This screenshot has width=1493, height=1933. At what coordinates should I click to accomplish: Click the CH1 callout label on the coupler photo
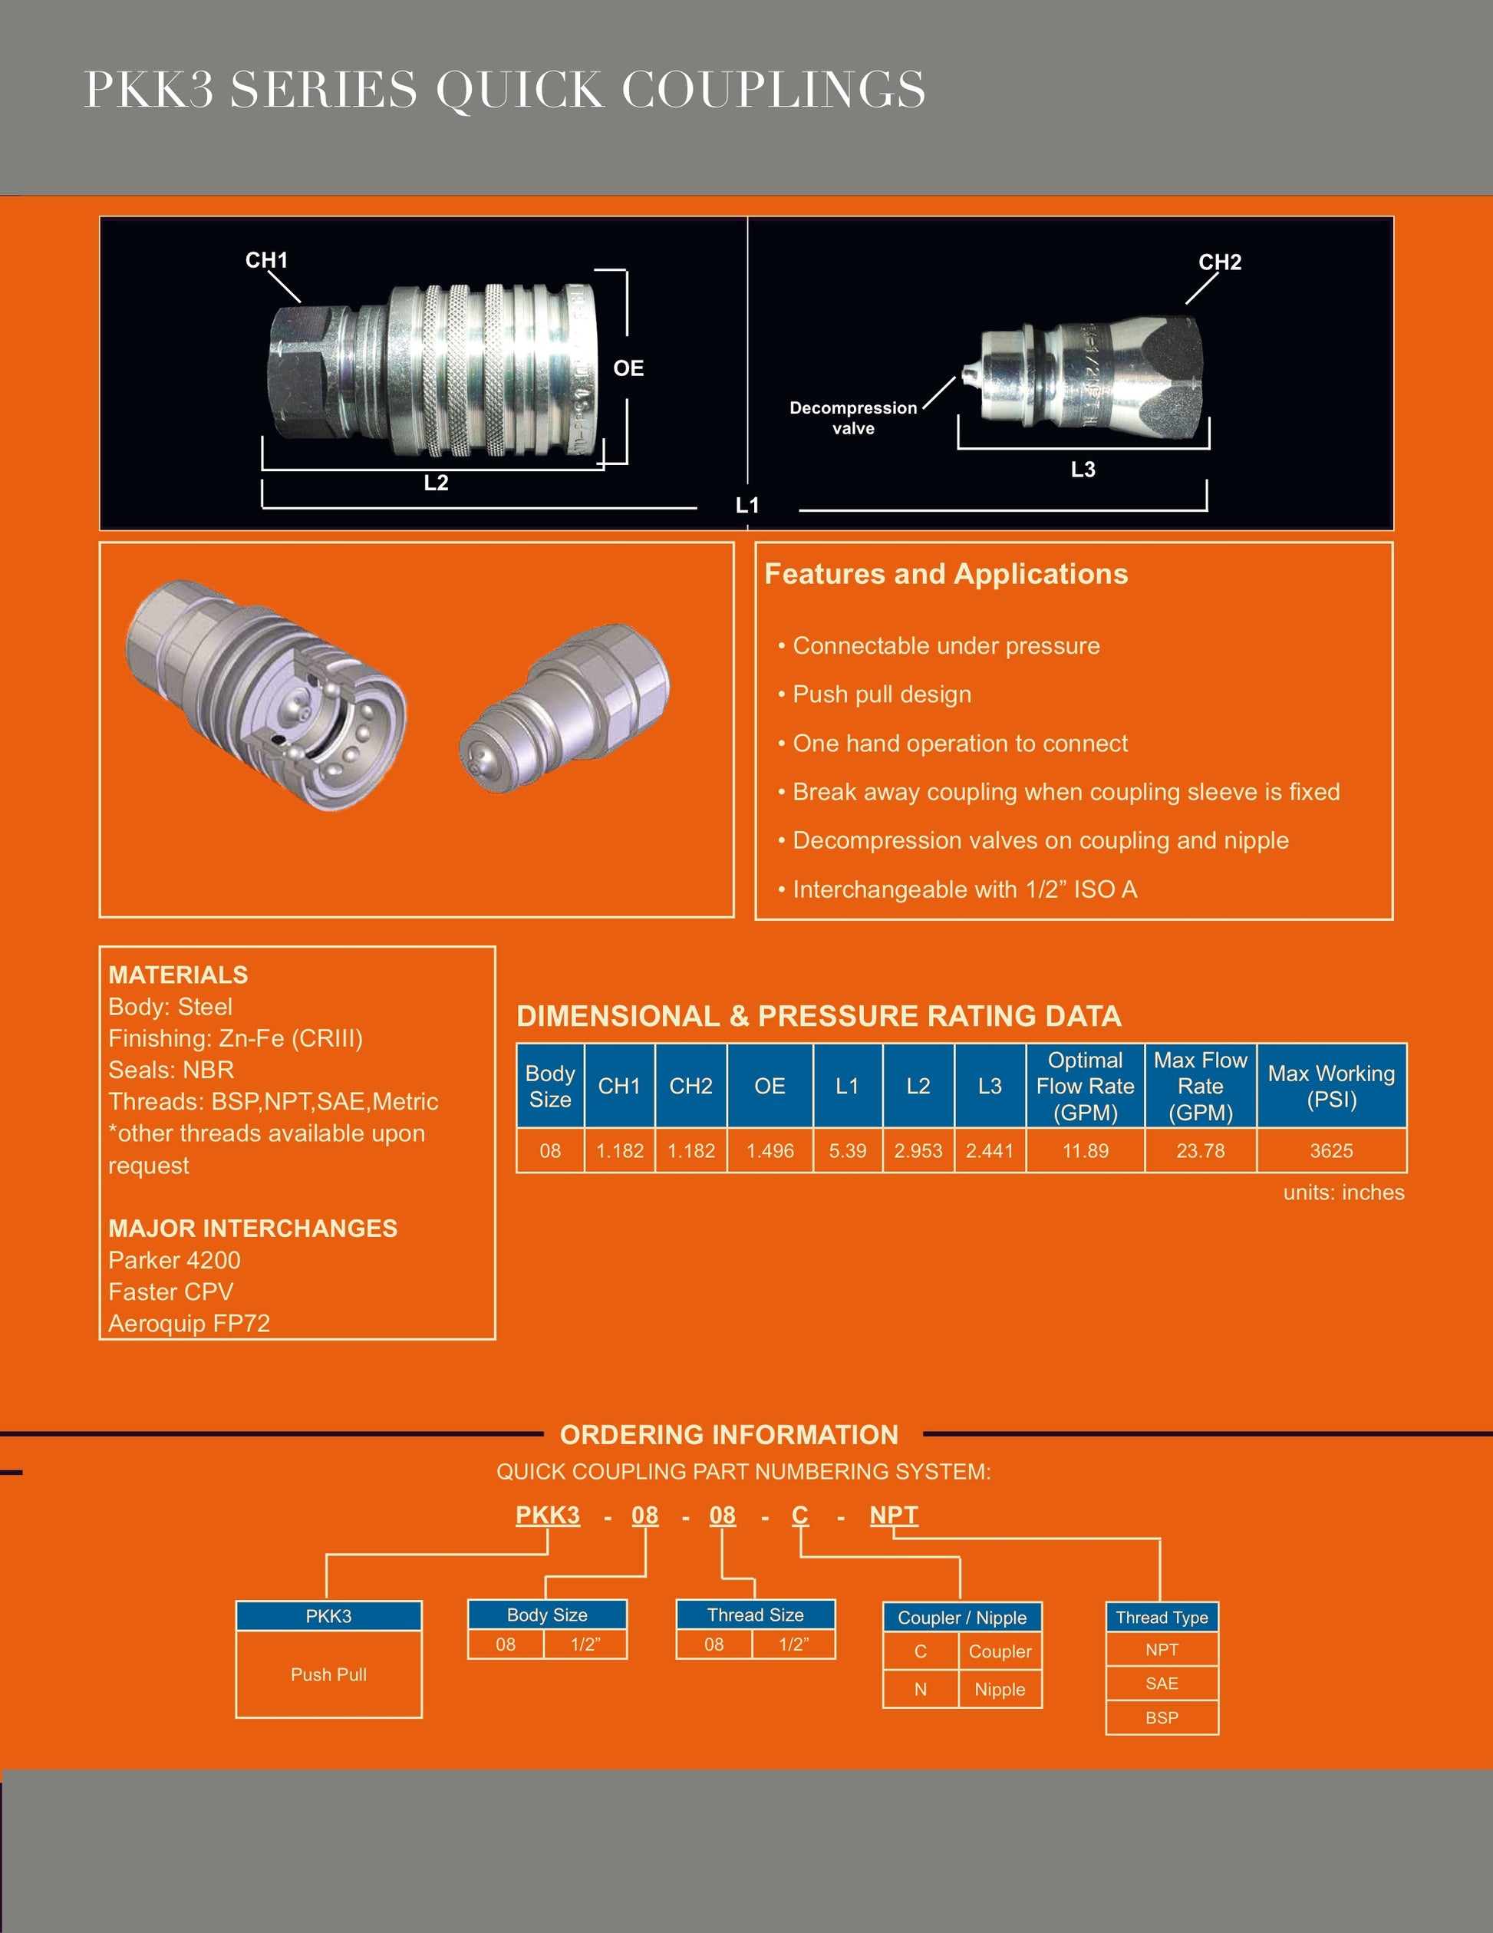click(266, 260)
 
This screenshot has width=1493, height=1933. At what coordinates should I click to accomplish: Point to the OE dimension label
click(628, 368)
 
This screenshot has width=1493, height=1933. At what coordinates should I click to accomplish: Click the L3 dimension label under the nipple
click(1083, 469)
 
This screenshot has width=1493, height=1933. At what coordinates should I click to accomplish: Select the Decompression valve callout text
click(853, 417)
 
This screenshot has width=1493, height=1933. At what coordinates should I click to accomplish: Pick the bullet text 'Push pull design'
click(882, 694)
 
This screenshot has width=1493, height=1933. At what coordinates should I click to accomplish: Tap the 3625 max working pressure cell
click(1331, 1150)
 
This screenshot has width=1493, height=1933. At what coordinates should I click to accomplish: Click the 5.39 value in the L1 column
click(847, 1150)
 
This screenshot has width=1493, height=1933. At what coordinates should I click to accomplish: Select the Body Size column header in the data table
click(549, 1086)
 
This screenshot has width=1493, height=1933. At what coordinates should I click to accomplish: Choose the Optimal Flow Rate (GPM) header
click(1085, 1086)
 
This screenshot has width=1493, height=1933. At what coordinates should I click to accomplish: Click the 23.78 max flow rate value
click(1200, 1150)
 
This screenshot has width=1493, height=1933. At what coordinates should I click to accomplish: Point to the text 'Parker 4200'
click(174, 1259)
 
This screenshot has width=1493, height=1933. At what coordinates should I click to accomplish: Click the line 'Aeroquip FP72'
click(189, 1323)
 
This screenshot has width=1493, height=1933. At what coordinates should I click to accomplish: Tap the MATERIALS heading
click(178, 975)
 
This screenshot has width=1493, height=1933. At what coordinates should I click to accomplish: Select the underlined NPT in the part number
click(893, 1516)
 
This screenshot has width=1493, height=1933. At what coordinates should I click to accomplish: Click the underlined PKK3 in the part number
click(548, 1516)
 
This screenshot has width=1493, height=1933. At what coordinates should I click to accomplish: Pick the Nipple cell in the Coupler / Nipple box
click(999, 1690)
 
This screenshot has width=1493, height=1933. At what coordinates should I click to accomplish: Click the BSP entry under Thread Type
click(1161, 1718)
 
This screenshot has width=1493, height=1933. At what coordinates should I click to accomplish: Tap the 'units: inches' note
click(1343, 1192)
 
